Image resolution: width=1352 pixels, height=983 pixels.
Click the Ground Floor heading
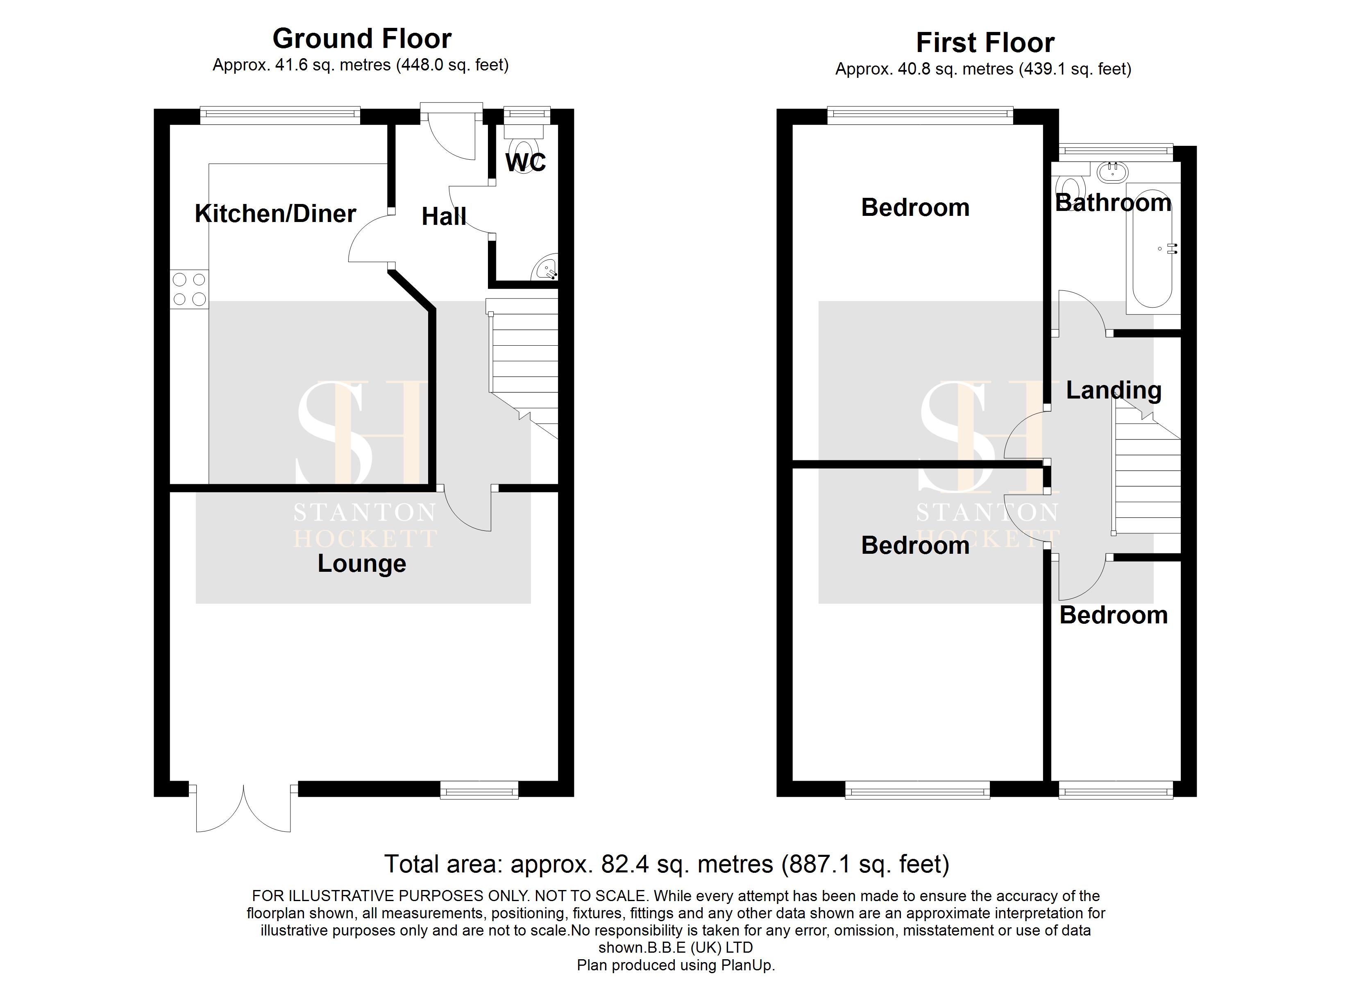(362, 39)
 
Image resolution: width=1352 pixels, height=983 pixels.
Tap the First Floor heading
(985, 43)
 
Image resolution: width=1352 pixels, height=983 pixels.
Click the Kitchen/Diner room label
(275, 213)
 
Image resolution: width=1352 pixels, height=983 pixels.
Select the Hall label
(444, 216)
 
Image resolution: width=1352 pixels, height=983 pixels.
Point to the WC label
(525, 162)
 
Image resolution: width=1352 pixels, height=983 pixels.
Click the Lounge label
(362, 563)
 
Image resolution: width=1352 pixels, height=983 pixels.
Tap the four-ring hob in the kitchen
(189, 289)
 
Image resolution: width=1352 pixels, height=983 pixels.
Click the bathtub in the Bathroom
(1152, 262)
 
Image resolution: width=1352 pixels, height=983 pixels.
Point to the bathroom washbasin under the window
(1112, 173)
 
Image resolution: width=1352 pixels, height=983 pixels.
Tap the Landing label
(1114, 390)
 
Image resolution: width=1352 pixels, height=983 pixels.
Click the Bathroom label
(1113, 203)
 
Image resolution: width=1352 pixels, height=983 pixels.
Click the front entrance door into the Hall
(451, 134)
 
